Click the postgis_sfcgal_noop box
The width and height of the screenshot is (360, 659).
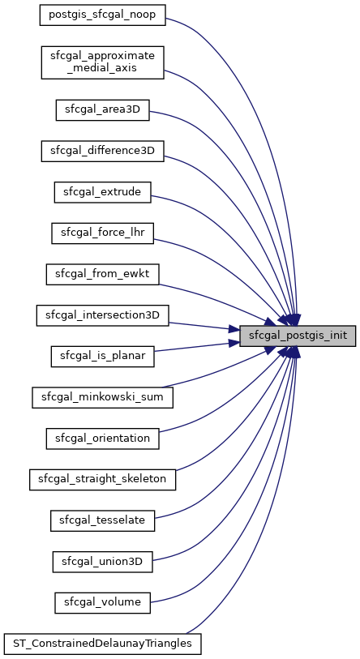coord(103,15)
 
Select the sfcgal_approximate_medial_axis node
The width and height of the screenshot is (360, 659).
coord(103,62)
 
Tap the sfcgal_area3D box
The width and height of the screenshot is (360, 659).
coord(103,110)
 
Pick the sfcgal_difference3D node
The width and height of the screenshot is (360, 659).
coord(103,151)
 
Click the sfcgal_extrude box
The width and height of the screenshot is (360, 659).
coord(103,192)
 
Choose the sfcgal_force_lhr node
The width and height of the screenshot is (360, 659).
coord(103,233)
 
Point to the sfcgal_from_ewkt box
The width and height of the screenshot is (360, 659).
coord(103,274)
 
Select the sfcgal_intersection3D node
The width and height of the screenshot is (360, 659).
coord(103,315)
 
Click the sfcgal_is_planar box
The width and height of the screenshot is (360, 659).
coord(103,356)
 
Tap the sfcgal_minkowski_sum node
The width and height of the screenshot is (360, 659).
coord(103,397)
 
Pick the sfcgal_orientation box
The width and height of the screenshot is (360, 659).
coord(103,439)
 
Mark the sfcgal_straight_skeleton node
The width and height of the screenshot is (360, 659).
coord(103,479)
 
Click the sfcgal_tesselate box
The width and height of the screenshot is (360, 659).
coord(103,520)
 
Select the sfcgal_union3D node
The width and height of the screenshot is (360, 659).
coord(103,561)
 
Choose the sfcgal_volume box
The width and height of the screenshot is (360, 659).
coord(103,602)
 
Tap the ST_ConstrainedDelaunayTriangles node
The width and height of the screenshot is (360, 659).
coord(103,643)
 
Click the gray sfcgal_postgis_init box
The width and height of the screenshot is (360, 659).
coord(298,336)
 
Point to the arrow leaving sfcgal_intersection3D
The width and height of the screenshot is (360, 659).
coord(204,327)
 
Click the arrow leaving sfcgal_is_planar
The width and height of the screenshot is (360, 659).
coord(197,346)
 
